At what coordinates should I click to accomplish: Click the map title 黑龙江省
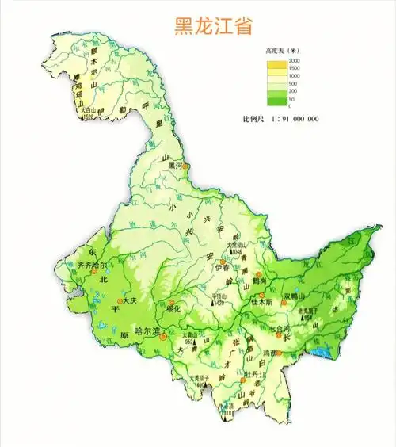214,26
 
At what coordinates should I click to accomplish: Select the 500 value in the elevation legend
294,82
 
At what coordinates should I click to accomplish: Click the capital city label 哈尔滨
147,330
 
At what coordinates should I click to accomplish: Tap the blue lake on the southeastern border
320,350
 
